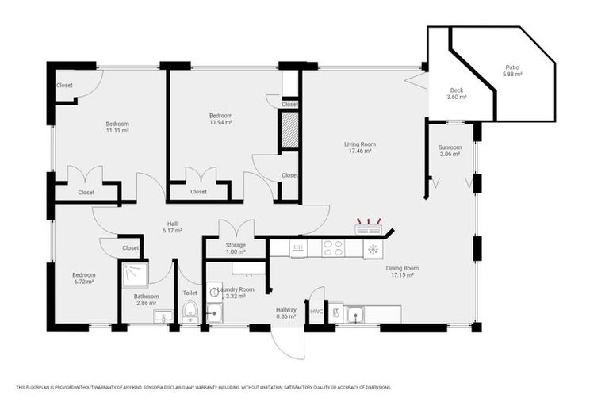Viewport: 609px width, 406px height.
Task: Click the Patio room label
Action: pyautogui.click(x=511, y=71)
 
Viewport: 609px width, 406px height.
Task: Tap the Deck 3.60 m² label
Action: pyautogui.click(x=456, y=94)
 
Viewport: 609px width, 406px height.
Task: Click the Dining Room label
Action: pyautogui.click(x=404, y=272)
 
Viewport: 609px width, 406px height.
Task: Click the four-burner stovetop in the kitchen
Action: pyautogui.click(x=333, y=248)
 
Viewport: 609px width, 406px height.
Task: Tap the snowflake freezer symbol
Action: pyautogui.click(x=372, y=249)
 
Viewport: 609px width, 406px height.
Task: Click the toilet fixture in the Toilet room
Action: pyautogui.click(x=190, y=313)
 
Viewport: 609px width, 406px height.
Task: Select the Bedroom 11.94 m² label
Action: pyautogui.click(x=220, y=119)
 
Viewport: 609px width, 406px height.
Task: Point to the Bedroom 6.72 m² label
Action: pyautogui.click(x=84, y=278)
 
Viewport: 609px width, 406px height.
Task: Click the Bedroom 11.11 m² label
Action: pyautogui.click(x=117, y=127)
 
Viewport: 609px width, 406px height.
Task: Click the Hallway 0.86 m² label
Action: pyautogui.click(x=285, y=313)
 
